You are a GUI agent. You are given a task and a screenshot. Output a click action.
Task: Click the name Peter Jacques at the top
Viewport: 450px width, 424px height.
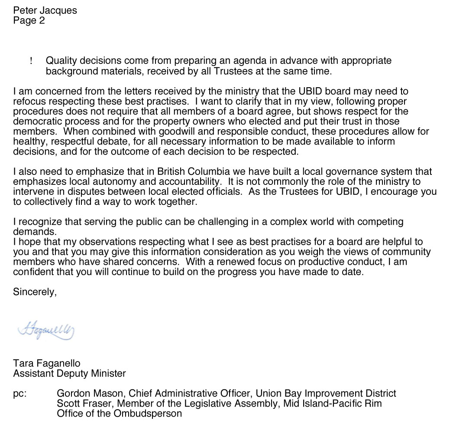point(45,10)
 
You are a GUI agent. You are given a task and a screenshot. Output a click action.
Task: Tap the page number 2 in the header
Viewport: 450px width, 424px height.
point(42,20)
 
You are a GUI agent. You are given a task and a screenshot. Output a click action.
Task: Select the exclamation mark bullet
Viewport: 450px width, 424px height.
point(31,61)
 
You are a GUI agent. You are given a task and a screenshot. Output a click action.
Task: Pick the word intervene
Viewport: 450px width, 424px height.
point(31,191)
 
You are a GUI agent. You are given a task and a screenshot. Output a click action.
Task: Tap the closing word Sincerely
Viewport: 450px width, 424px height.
point(35,292)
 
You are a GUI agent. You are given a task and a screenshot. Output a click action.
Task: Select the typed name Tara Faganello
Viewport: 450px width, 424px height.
point(47,363)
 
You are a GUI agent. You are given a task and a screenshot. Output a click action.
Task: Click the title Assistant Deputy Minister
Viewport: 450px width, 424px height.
point(69,373)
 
